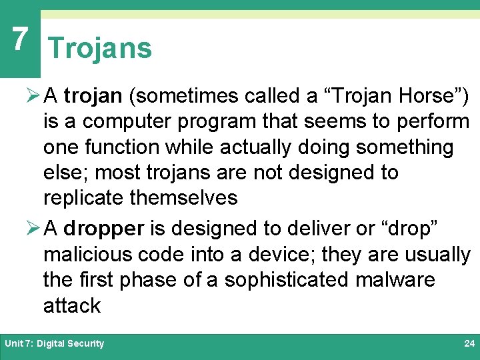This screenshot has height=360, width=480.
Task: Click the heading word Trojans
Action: coord(100,49)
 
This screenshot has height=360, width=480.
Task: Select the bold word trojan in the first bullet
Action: coord(93,96)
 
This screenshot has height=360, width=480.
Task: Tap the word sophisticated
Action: coord(286,280)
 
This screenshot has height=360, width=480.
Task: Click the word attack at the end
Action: coord(72,305)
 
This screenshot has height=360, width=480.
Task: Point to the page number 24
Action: coord(469,344)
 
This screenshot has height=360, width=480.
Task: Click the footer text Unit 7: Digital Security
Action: coord(54,344)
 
